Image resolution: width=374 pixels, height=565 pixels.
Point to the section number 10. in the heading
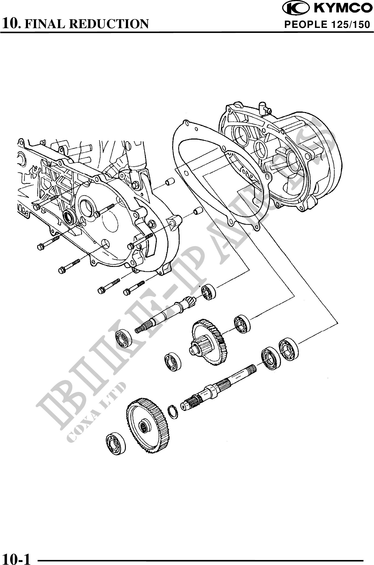click(11, 24)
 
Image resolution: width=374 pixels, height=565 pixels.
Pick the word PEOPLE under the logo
click(306, 25)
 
